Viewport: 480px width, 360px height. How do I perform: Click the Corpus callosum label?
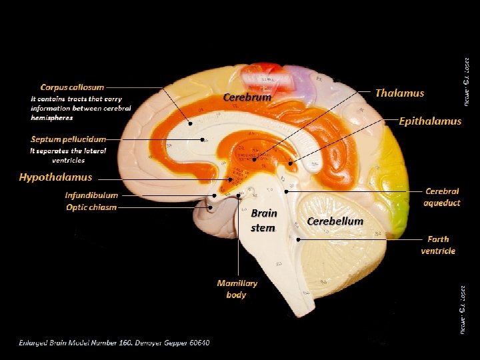[x=72, y=87]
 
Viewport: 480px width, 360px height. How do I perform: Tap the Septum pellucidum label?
[x=68, y=139]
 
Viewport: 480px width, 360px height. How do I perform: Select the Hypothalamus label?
[x=55, y=177]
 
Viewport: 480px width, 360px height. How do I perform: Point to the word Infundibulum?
[x=91, y=195]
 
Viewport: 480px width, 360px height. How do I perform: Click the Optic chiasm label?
[x=91, y=207]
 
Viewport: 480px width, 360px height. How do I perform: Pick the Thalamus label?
[x=399, y=93]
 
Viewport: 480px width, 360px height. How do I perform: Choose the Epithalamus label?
[x=430, y=121]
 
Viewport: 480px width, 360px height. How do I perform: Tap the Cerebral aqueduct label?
[x=442, y=197]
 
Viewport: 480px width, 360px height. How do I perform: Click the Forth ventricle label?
[x=438, y=245]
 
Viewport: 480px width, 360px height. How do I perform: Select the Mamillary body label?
[x=237, y=289]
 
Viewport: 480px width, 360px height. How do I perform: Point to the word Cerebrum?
[x=247, y=97]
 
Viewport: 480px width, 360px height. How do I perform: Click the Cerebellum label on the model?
[x=335, y=221]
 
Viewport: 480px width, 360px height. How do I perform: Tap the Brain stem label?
[x=263, y=221]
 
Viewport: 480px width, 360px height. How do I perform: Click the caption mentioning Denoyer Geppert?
[x=113, y=343]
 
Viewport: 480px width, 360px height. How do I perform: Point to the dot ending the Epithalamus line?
[x=291, y=163]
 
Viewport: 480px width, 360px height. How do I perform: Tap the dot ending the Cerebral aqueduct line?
[x=286, y=192]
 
